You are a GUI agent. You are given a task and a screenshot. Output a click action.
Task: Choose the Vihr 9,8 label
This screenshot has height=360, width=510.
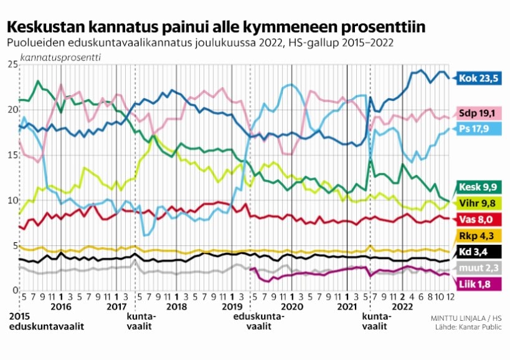pos(479,202)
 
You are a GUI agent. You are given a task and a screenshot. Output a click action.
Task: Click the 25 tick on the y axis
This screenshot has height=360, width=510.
pos(11,65)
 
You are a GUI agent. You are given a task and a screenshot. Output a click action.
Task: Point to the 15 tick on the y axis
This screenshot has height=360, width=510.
pos(11,155)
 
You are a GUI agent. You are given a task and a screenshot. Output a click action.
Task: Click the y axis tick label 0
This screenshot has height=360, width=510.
pos(14,291)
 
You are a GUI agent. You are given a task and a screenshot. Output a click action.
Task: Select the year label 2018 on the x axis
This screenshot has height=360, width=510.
pos(176,306)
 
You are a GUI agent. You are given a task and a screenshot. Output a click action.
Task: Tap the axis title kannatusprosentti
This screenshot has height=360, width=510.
pos(61,57)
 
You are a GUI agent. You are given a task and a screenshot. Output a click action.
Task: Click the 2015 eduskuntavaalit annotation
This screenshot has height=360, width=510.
pos(45,321)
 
